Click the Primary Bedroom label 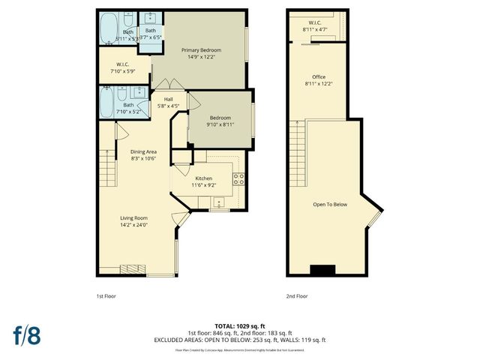[x=199, y=51]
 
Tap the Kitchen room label [x=204, y=178]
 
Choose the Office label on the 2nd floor [x=319, y=77]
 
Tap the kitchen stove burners [x=238, y=178]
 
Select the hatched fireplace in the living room [x=133, y=268]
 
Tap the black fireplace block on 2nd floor [x=324, y=271]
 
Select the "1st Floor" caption [x=106, y=296]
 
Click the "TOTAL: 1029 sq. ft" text [x=240, y=325]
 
